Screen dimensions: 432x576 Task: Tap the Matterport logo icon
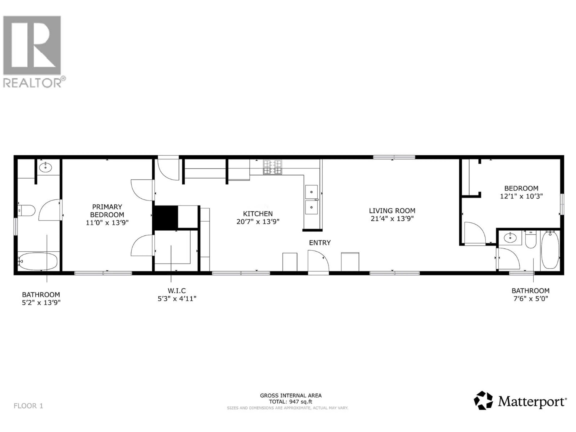pyautogui.click(x=483, y=400)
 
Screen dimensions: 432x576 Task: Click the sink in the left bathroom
pyautogui.click(x=46, y=167)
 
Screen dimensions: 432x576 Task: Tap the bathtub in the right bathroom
pyautogui.click(x=550, y=250)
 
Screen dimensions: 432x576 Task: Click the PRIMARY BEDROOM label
pyautogui.click(x=107, y=211)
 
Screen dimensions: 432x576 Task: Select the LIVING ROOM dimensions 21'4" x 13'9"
pyautogui.click(x=392, y=218)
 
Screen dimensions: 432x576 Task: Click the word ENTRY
pyautogui.click(x=320, y=243)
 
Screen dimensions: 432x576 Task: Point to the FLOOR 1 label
pyautogui.click(x=28, y=406)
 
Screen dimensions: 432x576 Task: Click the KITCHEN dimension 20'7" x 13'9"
pyautogui.click(x=258, y=222)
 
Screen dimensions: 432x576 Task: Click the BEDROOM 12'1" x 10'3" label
pyautogui.click(x=521, y=192)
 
